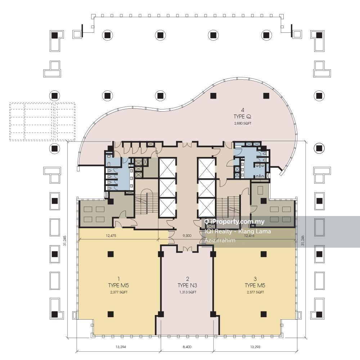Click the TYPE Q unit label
(242, 117)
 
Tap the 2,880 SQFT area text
(243, 123)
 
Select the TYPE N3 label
(187, 285)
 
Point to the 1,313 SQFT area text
(188, 292)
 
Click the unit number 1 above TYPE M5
(118, 279)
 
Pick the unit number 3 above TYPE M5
(255, 279)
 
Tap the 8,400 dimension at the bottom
(187, 347)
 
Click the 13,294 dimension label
(121, 347)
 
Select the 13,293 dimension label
(255, 347)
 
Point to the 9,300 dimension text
(187, 235)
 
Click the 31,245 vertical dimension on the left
(65, 241)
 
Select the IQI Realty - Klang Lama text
(238, 231)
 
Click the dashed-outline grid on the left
(42, 121)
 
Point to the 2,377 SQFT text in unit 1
(119, 292)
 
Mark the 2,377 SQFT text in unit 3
(255, 292)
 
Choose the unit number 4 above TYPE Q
(242, 110)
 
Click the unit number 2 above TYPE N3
(187, 279)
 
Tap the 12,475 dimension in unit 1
(111, 235)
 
